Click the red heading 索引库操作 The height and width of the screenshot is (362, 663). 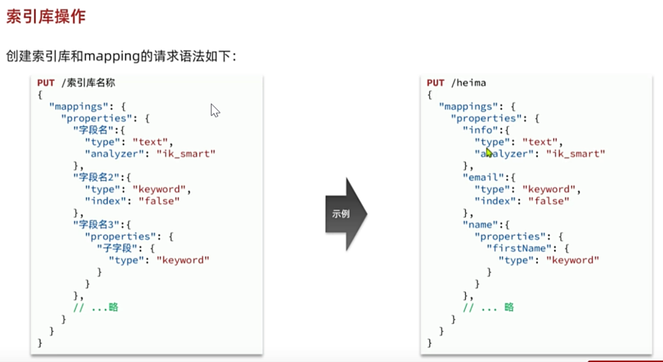(x=45, y=15)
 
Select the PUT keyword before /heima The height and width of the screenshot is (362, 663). (x=435, y=83)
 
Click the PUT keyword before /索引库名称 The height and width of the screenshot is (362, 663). (x=46, y=83)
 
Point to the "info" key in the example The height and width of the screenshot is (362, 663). (x=480, y=130)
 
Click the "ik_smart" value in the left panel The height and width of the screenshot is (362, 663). (x=186, y=153)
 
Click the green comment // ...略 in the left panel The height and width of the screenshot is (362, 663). (x=96, y=308)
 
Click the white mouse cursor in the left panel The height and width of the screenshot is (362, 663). (x=215, y=110)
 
